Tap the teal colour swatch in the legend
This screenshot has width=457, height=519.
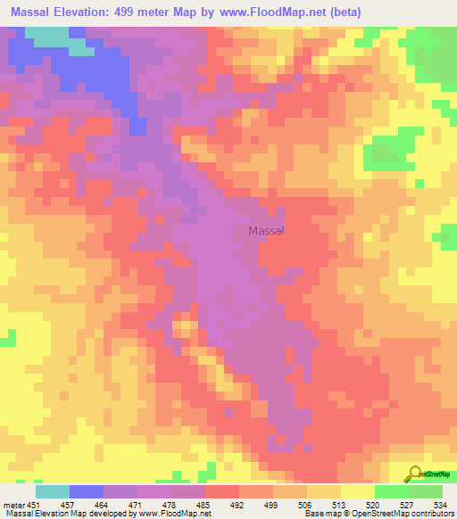(x=53, y=490)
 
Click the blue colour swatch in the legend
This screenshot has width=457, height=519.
(x=87, y=490)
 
